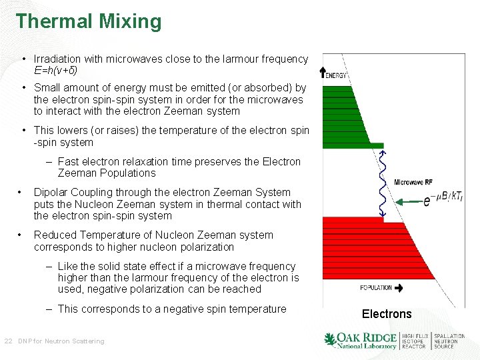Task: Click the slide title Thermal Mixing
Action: tap(89, 21)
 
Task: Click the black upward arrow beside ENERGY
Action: tap(323, 73)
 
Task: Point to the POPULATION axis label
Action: tap(376, 288)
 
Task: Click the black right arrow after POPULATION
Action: tap(399, 288)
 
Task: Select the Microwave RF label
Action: tap(413, 182)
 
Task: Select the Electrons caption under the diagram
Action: tap(387, 314)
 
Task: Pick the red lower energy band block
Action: tap(360, 253)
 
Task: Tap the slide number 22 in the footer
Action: tap(8, 341)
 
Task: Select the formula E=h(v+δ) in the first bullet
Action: tap(60, 70)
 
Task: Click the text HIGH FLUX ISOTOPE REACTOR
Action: tap(415, 341)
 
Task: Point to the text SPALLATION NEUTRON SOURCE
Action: tap(449, 341)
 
